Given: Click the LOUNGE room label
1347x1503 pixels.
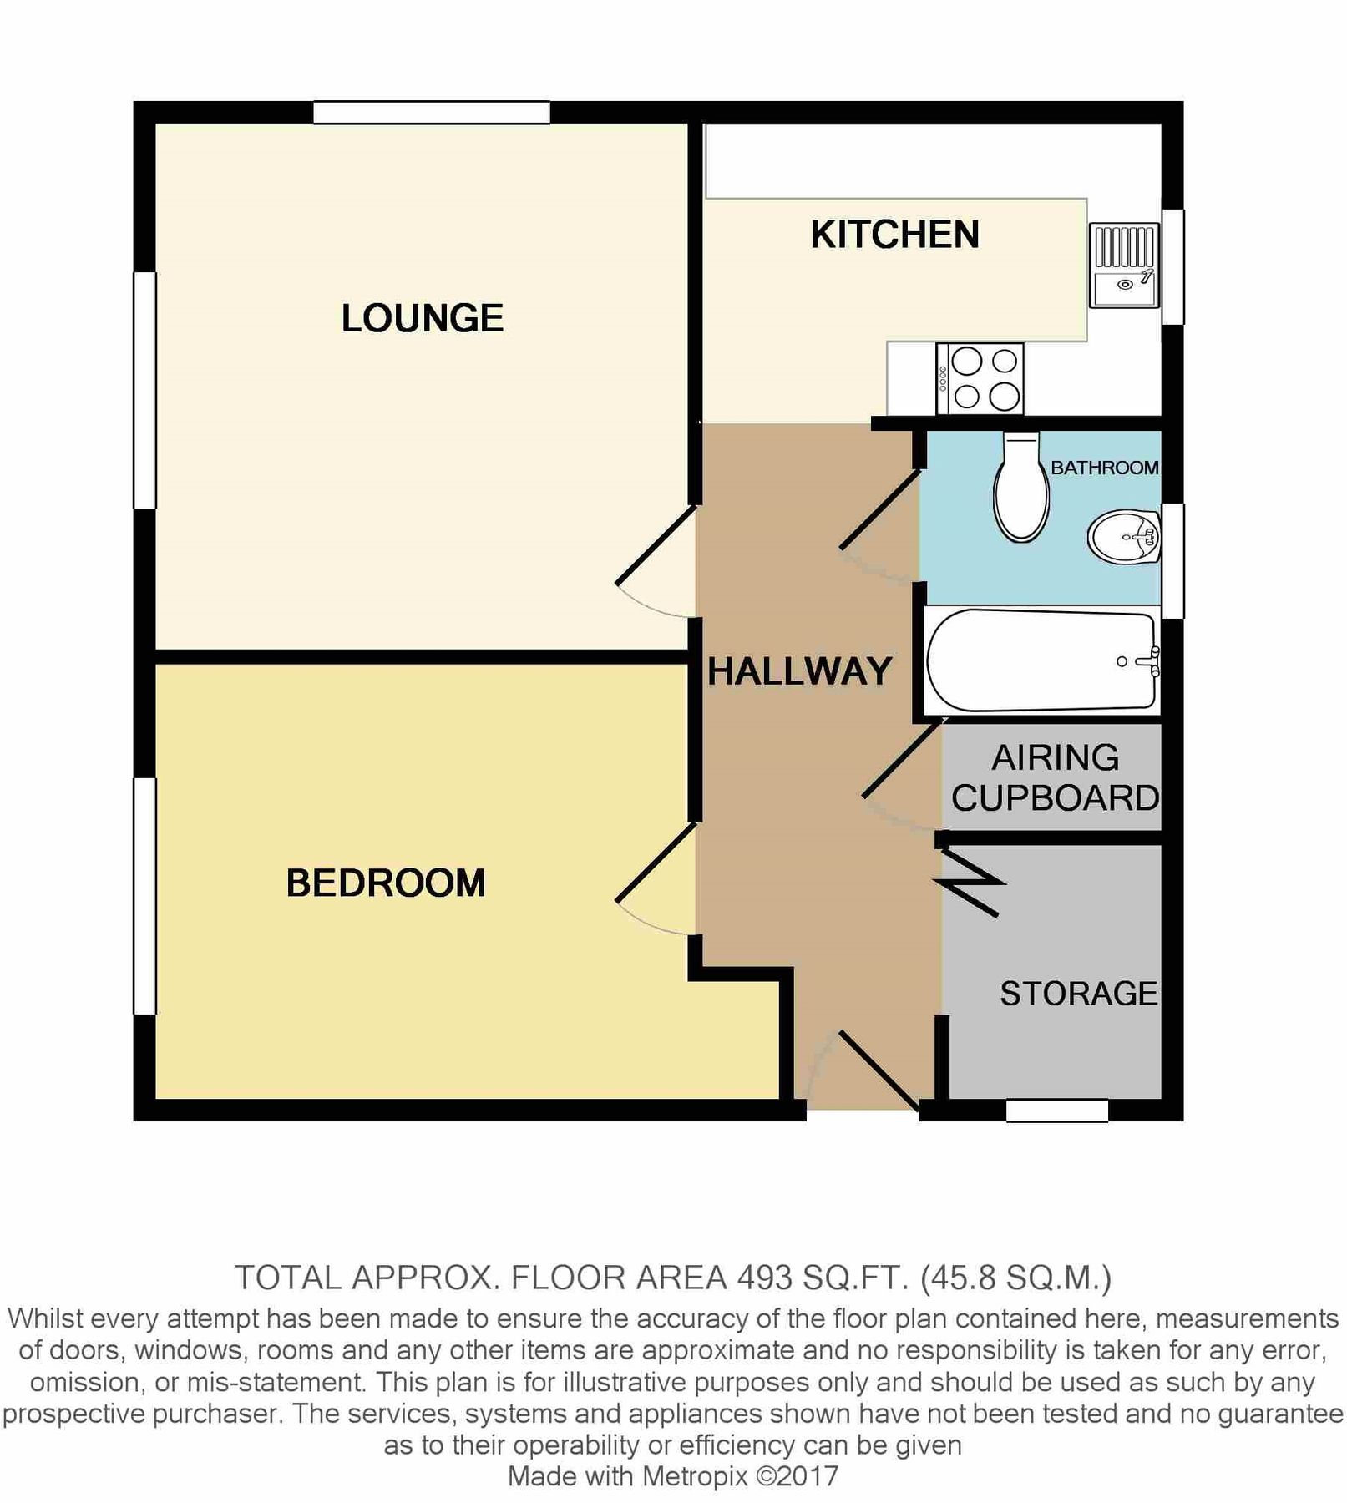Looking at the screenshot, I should click(422, 318).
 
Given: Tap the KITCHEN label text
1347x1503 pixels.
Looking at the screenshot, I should click(894, 235).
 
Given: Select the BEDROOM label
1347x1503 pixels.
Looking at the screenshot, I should click(386, 883).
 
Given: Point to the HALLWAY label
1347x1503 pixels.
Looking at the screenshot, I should click(799, 671).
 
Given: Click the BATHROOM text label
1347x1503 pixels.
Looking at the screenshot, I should click(1104, 468).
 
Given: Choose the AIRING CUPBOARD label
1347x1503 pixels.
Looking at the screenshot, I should click(1055, 778).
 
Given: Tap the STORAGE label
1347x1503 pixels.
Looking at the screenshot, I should click(1078, 994).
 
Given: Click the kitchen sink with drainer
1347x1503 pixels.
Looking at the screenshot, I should click(1124, 265).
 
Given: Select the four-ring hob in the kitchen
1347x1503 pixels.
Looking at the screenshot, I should click(980, 378).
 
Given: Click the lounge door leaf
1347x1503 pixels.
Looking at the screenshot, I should click(656, 544).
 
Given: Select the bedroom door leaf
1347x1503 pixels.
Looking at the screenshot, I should click(656, 863).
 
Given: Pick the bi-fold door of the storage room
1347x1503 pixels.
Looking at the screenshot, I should click(970, 882).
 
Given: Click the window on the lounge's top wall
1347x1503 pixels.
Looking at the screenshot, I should click(431, 113).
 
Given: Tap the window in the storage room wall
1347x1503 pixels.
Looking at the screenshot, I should click(1056, 1111).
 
